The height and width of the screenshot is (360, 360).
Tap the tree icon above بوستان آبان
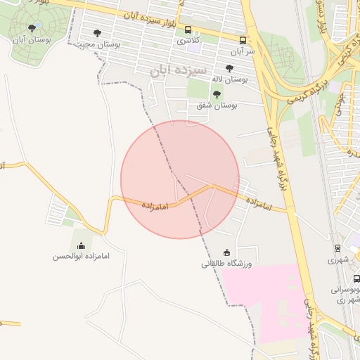click(32, 28)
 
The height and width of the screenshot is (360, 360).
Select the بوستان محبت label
click(100, 44)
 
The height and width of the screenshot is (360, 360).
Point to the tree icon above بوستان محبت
click(97, 33)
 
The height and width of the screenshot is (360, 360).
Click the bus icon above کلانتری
click(188, 30)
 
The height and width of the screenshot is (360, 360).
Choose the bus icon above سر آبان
click(243, 40)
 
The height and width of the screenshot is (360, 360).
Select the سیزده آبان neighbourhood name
click(179, 71)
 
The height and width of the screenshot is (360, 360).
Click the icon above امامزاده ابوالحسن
click(81, 245)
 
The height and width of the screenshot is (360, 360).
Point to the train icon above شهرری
click(337, 248)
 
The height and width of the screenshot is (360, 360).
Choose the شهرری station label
click(342, 259)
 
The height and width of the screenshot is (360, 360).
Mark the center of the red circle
click(180, 179)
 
